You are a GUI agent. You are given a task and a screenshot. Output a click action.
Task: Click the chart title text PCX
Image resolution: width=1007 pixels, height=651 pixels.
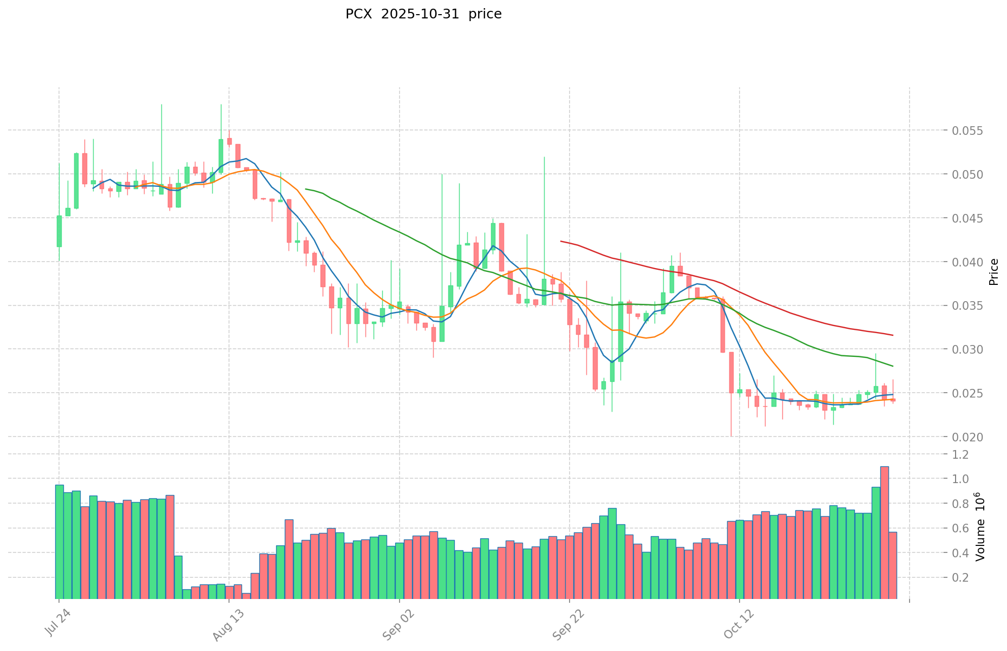click(x=358, y=14)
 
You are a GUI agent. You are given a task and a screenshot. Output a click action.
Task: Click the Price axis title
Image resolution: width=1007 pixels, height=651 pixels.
click(x=993, y=272)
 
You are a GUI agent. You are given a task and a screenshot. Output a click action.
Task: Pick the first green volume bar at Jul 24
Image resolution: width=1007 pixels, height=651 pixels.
click(x=60, y=542)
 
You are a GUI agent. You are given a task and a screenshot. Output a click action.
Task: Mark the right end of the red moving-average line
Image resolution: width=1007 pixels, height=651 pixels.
click(x=892, y=335)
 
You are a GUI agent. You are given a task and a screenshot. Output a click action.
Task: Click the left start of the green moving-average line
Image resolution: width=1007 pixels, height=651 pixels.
click(x=306, y=189)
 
